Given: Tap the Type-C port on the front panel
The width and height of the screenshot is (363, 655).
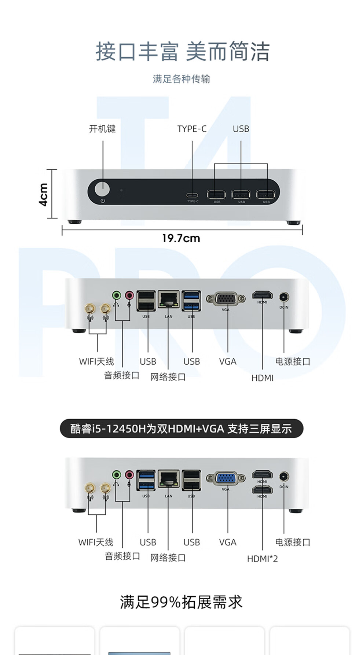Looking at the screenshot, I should coord(192,195).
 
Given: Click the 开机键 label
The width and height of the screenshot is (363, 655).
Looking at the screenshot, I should coord(102,129).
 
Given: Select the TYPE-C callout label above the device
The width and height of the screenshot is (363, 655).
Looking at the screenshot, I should coord(192,129).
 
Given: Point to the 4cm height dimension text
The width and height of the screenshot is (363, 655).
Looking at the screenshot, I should coord(43,194).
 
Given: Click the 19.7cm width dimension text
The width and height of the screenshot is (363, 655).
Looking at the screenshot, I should coord(181,238).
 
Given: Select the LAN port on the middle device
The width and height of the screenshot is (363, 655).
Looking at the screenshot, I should coord(169,299).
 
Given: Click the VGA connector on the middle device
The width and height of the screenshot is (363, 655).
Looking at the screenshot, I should coord(225,299).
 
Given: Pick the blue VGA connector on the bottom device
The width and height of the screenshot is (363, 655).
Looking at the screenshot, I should coord(225,478).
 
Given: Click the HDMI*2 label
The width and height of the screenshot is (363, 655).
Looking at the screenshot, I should coord(262,559).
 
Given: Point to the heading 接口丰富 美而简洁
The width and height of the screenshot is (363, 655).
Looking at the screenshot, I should coord(182,51).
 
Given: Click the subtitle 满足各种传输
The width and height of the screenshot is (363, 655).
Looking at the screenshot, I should coord(181,79).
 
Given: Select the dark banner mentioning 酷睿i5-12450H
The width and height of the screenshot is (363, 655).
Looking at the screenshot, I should coord(181,428).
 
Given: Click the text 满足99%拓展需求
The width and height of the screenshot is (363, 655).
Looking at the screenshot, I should coord(181,602).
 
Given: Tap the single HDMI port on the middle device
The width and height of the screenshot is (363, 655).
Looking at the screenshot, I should coord(262,295).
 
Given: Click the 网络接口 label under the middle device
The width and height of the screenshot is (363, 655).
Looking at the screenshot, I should coord(168,377).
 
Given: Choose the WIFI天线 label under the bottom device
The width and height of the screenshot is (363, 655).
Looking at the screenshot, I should coord(96,542).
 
